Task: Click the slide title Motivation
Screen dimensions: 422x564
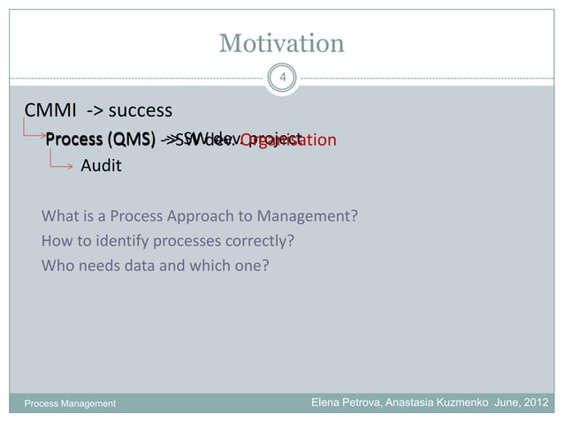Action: point(281,42)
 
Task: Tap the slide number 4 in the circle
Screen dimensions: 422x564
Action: point(282,79)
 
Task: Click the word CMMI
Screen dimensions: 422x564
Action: point(52,111)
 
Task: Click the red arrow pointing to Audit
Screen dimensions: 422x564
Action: point(61,162)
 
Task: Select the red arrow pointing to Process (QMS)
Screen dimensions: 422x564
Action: point(33,133)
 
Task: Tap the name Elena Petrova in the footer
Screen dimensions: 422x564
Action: point(346,403)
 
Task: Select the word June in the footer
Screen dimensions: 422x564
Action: point(507,403)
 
